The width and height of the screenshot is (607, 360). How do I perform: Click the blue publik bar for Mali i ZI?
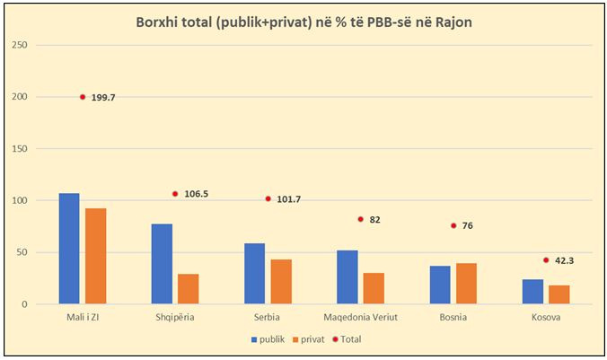(x=69, y=249)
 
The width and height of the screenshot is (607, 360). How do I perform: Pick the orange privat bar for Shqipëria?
(x=188, y=289)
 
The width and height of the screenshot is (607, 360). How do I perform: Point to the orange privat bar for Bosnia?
(x=466, y=284)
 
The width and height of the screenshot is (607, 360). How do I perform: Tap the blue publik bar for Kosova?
(x=533, y=292)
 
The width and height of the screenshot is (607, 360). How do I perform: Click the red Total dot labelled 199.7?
(x=83, y=97)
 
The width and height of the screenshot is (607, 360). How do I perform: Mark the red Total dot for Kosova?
(x=545, y=260)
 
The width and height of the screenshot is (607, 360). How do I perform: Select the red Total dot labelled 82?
(x=360, y=219)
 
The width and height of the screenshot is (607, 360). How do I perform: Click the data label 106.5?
(x=198, y=194)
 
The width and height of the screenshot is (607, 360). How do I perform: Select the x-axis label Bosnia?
(x=453, y=318)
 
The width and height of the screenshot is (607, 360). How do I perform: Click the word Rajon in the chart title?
(x=454, y=21)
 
